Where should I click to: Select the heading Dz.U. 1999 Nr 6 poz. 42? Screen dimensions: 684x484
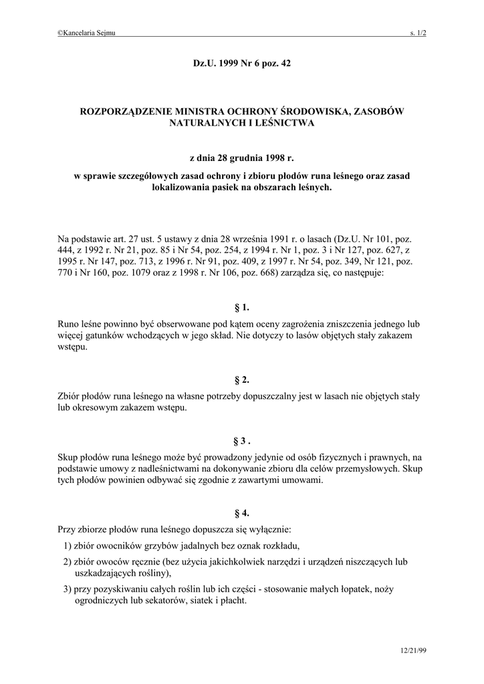point(241,63)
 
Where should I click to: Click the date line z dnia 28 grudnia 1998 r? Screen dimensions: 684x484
point(241,159)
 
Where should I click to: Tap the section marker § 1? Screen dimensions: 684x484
point(241,307)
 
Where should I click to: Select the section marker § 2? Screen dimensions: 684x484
point(241,380)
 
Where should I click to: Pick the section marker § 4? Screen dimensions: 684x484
point(241,513)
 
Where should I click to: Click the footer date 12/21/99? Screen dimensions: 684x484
point(412,650)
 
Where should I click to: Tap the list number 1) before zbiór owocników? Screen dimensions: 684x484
point(68,545)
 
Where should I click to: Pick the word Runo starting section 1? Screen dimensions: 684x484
point(69,323)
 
